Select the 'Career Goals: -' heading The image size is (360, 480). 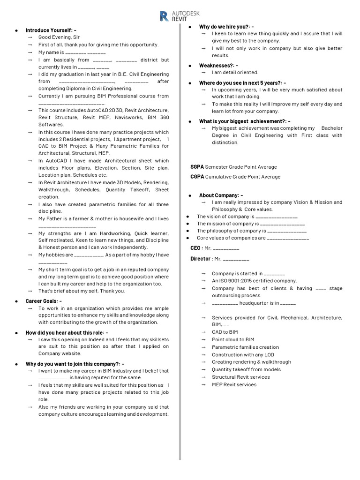(x=44, y=301)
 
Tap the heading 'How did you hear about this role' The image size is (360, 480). (x=67, y=332)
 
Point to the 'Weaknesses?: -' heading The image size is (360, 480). (x=218, y=65)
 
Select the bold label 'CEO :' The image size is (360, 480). (x=196, y=248)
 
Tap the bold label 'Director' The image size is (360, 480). (x=200, y=259)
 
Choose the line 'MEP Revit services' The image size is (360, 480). (x=234, y=384)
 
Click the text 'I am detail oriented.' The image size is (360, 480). (x=235, y=72)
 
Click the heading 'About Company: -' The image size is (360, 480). (x=221, y=195)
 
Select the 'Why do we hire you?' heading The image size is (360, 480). (x=226, y=27)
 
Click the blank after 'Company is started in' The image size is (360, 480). (x=274, y=273)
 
